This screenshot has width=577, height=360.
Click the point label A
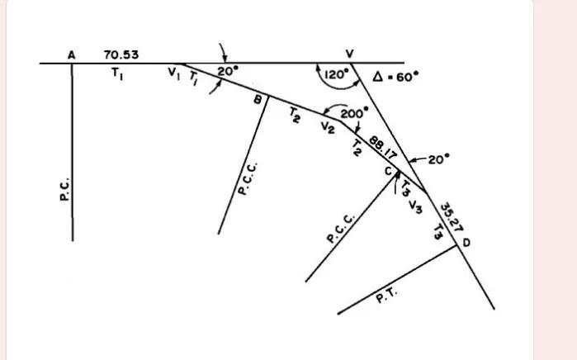click(72, 54)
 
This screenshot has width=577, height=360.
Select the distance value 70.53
click(121, 54)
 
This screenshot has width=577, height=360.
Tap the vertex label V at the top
click(350, 54)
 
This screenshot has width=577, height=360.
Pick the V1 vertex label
click(173, 73)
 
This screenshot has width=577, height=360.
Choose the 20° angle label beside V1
click(227, 72)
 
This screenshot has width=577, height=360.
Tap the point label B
click(258, 100)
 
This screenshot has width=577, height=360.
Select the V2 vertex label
click(327, 126)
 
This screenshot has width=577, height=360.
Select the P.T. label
click(387, 294)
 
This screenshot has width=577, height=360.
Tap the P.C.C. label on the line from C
click(341, 228)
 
